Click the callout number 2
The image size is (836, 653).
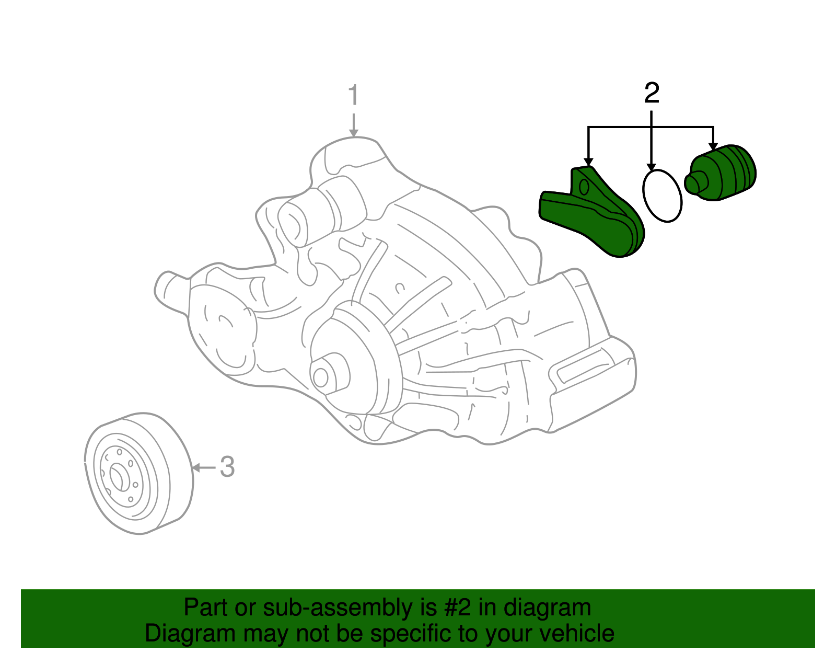pyautogui.click(x=652, y=93)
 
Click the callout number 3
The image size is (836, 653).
pyautogui.click(x=227, y=467)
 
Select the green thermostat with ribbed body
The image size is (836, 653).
pyautogui.click(x=724, y=173)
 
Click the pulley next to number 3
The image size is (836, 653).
pyautogui.click(x=137, y=473)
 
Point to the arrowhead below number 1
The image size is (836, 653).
pyautogui.click(x=354, y=133)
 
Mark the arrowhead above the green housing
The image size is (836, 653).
pyautogui.click(x=589, y=162)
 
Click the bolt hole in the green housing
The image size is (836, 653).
pyautogui.click(x=584, y=186)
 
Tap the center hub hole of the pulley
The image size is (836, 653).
pyautogui.click(x=116, y=477)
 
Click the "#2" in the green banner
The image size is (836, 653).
pyautogui.click(x=458, y=608)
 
